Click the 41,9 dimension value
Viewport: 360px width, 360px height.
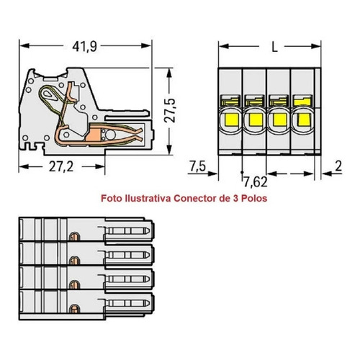point(84,46)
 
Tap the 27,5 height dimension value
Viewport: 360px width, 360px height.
point(170,110)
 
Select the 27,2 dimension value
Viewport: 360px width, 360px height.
point(61,166)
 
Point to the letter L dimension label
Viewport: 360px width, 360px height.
point(274,47)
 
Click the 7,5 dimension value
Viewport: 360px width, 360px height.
point(197,166)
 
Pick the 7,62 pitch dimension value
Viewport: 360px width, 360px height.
point(256,182)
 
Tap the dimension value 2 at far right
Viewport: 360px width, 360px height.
point(338,166)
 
